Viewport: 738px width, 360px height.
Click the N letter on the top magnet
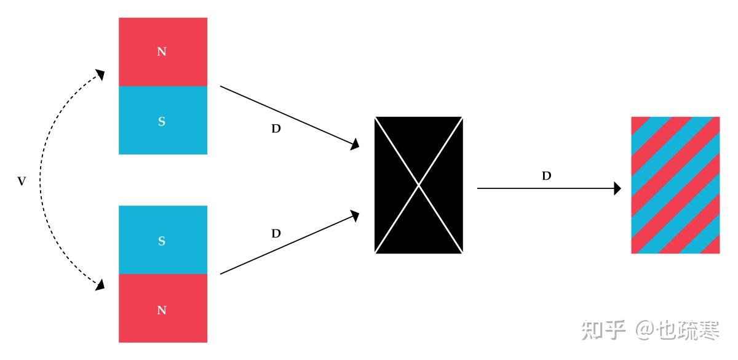(162, 52)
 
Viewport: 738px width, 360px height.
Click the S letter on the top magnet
(162, 121)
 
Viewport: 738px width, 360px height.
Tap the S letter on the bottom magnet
(162, 241)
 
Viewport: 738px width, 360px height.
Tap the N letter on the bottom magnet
(162, 310)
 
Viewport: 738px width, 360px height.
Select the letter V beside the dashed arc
(22, 181)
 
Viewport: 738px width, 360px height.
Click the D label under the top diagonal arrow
(276, 129)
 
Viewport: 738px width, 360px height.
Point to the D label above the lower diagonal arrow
(276, 233)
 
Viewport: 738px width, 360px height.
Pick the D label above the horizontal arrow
(547, 176)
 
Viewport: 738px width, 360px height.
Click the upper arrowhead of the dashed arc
(100, 74)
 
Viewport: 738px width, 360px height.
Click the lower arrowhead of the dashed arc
(100, 285)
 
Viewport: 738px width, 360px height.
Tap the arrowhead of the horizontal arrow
(617, 188)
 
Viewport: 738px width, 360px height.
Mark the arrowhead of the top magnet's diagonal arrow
(355, 145)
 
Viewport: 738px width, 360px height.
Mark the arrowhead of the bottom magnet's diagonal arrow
(355, 216)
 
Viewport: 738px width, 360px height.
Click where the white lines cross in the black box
(419, 185)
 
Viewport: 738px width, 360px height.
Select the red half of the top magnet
(163, 52)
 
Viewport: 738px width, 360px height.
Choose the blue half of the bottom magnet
(163, 240)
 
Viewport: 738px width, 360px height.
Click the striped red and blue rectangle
(675, 185)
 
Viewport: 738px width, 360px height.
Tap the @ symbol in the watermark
(646, 330)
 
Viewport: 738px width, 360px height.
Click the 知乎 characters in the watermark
(603, 330)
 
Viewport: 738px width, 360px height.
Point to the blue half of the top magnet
(163, 121)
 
